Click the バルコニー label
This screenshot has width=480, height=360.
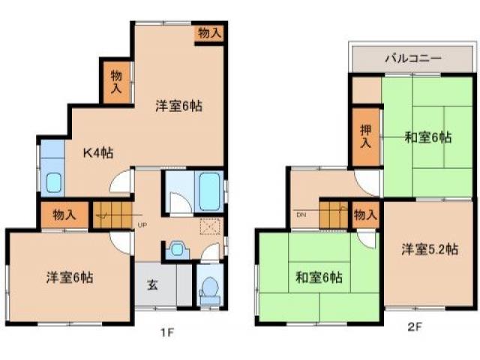point(412,58)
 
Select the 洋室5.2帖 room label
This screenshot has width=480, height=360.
point(428,250)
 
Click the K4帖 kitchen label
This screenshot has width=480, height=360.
point(97,152)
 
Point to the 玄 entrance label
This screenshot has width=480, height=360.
point(152,284)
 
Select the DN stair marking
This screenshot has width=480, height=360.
point(301,214)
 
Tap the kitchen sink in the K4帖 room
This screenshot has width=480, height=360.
point(55,183)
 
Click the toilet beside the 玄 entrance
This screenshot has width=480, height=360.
point(210,289)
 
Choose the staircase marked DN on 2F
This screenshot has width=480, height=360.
point(334,214)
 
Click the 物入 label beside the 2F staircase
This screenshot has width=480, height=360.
point(365,215)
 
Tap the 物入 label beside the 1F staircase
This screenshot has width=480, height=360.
point(64,214)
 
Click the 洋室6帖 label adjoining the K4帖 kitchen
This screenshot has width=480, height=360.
point(178,106)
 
